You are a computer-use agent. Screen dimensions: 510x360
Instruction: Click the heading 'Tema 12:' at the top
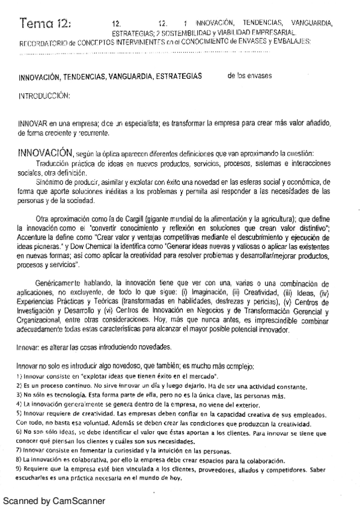point(44,24)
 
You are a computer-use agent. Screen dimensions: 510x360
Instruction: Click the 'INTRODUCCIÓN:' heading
point(45,96)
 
